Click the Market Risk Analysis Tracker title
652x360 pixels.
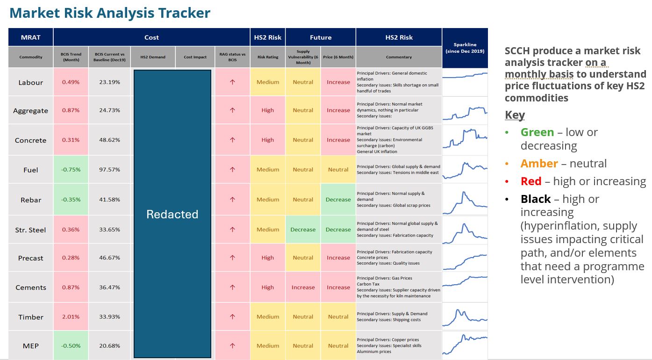click(110, 13)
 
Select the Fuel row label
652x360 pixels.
click(31, 170)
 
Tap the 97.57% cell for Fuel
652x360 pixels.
click(109, 170)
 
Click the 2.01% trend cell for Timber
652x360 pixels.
click(71, 317)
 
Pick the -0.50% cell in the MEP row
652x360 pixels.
click(71, 346)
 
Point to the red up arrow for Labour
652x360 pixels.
click(232, 82)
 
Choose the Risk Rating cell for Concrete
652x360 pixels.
click(268, 140)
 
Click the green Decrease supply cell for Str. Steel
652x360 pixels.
click(303, 230)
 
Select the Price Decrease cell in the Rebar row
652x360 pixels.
click(338, 200)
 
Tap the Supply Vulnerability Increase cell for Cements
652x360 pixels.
click(303, 288)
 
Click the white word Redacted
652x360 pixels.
click(172, 214)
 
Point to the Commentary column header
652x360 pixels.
click(399, 57)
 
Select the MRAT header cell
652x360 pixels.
click(31, 37)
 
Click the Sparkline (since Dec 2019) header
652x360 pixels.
click(465, 48)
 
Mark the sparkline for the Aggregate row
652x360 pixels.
click(465, 111)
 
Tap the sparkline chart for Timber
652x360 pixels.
click(465, 317)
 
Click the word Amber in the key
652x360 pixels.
click(539, 164)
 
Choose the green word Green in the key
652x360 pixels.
click(537, 132)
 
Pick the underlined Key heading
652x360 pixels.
click(515, 115)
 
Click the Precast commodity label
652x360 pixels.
click(31, 258)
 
